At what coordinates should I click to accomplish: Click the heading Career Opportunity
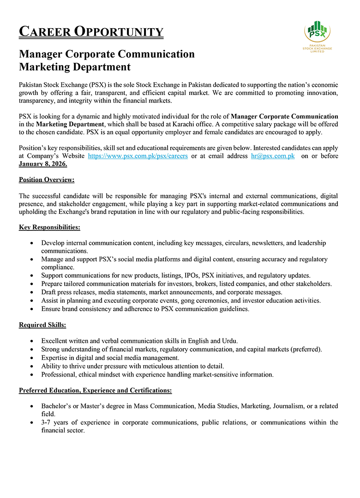(91, 32)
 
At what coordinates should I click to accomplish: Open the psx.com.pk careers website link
(138, 156)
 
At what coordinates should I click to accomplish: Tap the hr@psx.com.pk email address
(272, 156)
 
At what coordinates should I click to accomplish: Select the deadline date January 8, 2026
(43, 164)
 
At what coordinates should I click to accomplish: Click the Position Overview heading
(47, 180)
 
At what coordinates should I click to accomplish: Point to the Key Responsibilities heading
(49, 227)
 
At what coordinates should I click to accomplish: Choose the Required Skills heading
(42, 325)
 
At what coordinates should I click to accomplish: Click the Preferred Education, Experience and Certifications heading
(95, 390)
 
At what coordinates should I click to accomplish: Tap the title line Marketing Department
(75, 67)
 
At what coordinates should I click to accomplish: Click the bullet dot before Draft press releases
(31, 293)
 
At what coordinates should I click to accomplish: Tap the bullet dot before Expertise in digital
(31, 358)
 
